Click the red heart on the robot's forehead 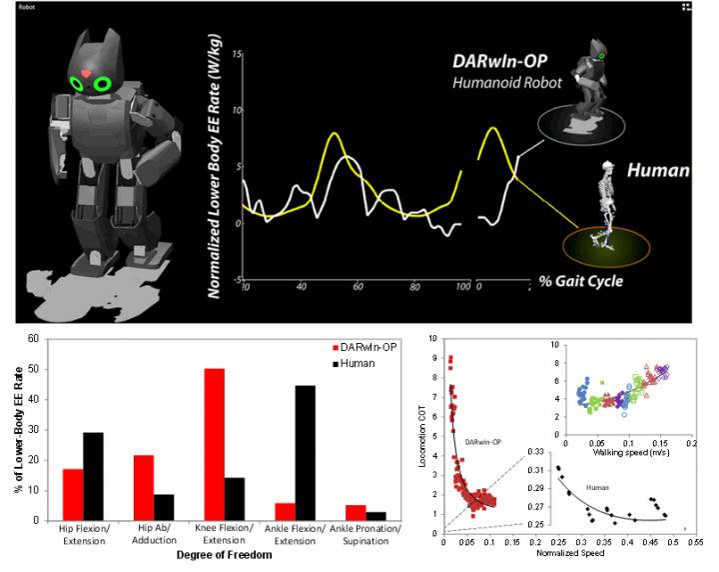pyautogui.click(x=87, y=74)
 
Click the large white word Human pyautogui.click(x=657, y=171)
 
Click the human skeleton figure pyautogui.click(x=603, y=204)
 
